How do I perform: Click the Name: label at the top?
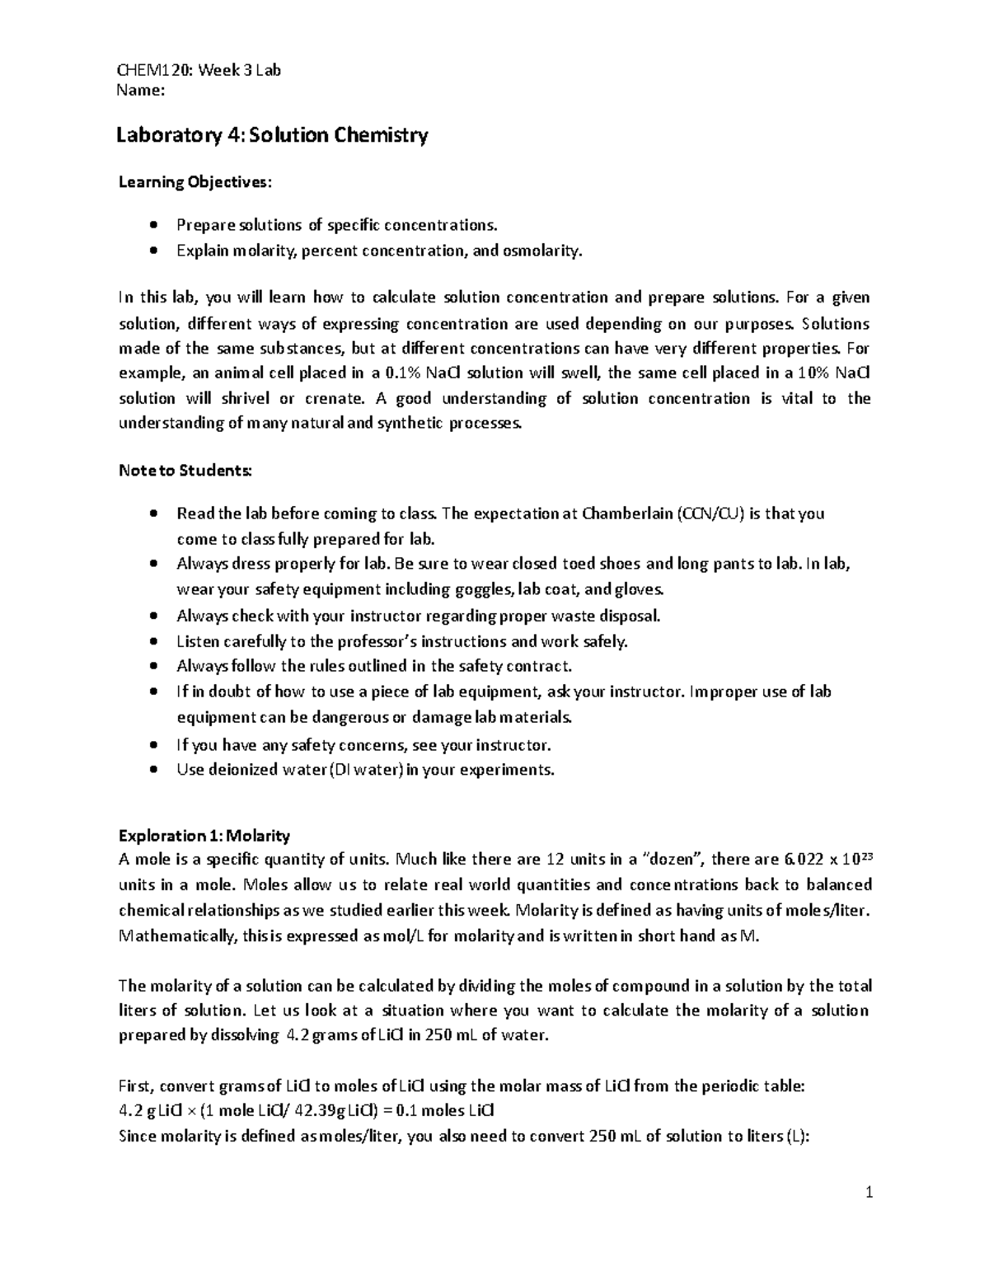(142, 91)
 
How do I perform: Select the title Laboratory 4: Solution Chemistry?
(274, 135)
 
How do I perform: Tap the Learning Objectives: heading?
(194, 182)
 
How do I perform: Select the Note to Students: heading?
(186, 471)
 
